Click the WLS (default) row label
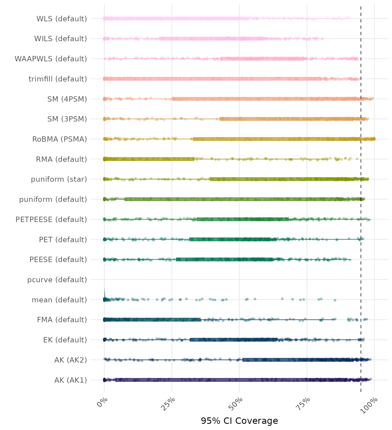coord(62,19)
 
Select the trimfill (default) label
coord(58,79)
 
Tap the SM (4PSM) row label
coord(67,99)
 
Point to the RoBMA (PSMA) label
coord(60,139)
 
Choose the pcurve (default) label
coord(57,280)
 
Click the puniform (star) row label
coord(59,179)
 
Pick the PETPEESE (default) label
coord(51,219)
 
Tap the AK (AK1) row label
coord(71,380)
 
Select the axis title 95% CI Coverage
coord(239,421)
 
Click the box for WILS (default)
coord(211,39)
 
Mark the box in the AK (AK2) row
coord(302,360)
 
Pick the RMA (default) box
coord(149,159)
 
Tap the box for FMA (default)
coord(152,320)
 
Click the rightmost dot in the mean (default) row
coord(335,300)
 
